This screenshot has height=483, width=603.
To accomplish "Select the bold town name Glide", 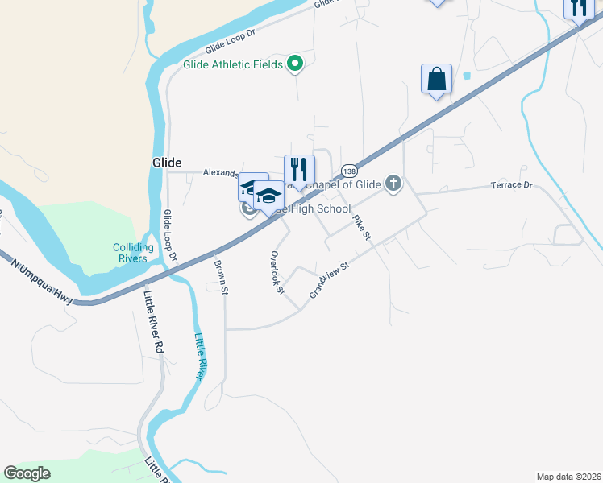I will pyautogui.click(x=167, y=162).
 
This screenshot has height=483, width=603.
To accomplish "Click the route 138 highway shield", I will pyautogui.click(x=349, y=171).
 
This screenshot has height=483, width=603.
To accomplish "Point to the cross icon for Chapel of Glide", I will pyautogui.click(x=393, y=184).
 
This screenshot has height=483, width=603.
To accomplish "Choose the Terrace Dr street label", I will pyautogui.click(x=512, y=185).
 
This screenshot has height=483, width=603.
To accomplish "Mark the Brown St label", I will pyautogui.click(x=220, y=270).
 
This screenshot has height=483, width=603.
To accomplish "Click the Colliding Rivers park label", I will pyautogui.click(x=130, y=253).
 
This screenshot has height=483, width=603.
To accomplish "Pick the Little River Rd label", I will pyautogui.click(x=154, y=323).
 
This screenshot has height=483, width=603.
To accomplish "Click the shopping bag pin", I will pyautogui.click(x=436, y=80).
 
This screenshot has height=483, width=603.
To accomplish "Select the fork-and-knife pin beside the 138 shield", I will pyautogui.click(x=299, y=170).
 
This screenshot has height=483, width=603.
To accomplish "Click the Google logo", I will pyautogui.click(x=27, y=473).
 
